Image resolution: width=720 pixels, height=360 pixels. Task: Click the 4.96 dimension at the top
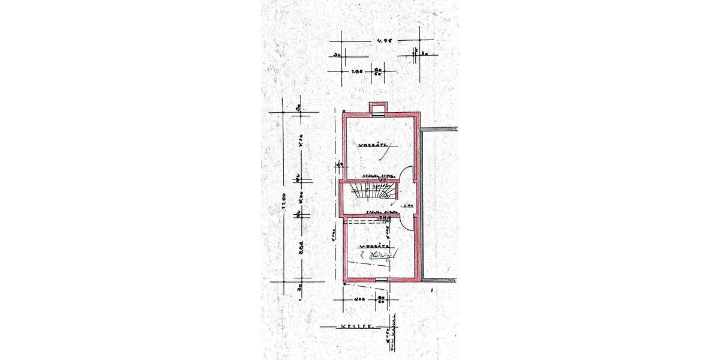click(x=380, y=41)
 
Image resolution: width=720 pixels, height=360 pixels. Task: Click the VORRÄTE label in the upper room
click(x=373, y=145)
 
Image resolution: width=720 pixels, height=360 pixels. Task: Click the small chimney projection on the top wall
click(x=379, y=109)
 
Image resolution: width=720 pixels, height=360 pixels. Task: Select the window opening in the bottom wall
click(x=382, y=280)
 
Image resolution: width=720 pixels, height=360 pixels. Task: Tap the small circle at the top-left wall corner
click(x=344, y=111)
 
